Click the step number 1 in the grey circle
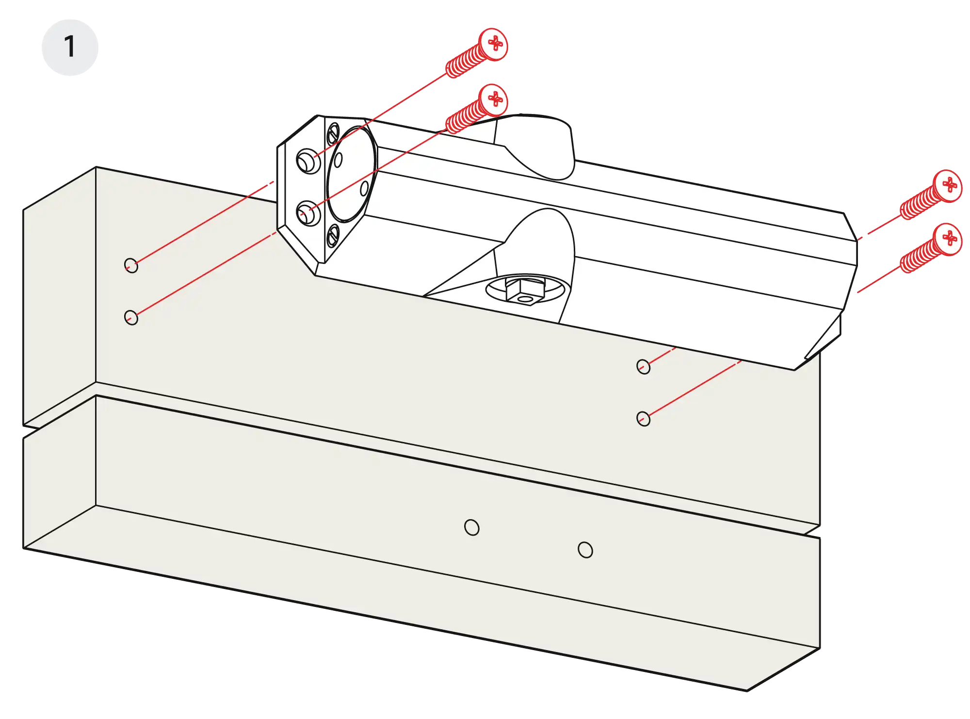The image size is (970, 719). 70,48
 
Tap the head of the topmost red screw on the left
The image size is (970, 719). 493,44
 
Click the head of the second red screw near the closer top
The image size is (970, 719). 493,99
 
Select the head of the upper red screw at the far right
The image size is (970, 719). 948,185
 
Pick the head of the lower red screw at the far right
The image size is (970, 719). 948,238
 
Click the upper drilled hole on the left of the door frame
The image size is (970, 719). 131,265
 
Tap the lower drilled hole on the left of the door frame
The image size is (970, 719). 131,318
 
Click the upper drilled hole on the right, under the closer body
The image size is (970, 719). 643,366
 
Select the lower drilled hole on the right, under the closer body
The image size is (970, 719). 643,418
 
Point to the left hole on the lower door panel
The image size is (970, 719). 471,527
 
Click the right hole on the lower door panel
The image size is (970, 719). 585,550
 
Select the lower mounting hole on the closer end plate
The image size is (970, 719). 307,213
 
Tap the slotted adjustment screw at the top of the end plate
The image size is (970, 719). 333,134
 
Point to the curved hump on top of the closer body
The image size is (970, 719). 538,146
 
